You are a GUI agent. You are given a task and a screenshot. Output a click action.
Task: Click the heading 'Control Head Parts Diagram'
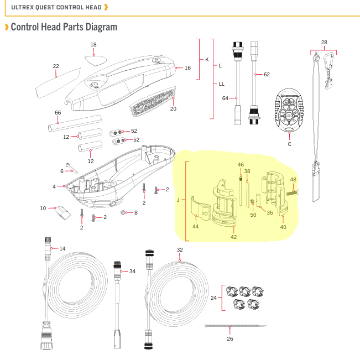pos(64,27)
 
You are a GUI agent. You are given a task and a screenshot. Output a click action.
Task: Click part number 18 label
pos(93,44)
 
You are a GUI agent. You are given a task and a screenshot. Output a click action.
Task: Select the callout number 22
pos(56,66)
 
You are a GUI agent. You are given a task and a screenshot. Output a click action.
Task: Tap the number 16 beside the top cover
pos(187,68)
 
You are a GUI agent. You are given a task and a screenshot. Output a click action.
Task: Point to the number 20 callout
pos(173,109)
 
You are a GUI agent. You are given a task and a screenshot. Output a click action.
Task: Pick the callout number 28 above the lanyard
pos(324,42)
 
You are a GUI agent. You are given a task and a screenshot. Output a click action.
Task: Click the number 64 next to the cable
pos(225,98)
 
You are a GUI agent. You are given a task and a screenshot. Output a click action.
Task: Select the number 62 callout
pos(267,74)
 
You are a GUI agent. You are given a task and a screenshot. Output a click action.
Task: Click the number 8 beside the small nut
pos(135,212)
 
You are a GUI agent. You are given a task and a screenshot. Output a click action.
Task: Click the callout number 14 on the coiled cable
pos(62,249)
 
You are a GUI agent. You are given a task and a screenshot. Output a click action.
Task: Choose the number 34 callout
pos(132,271)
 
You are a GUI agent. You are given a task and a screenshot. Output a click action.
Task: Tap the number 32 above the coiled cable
pos(180,250)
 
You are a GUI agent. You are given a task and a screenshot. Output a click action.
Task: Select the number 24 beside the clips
pos(213,298)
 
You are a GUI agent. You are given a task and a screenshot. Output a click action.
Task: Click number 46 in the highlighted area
pos(241,165)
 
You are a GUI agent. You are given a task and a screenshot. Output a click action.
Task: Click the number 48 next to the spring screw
pos(293,180)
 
